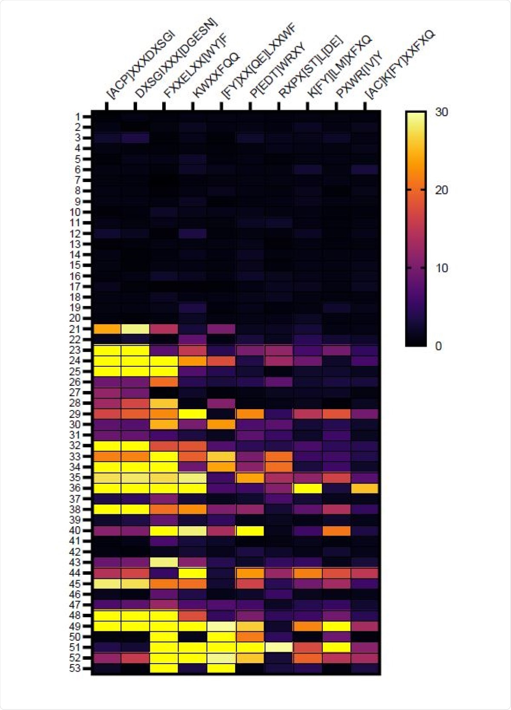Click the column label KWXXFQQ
coord(215,76)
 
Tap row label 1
coord(78,117)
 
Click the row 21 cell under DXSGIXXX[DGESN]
coord(135,329)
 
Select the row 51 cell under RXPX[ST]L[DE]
coord(279,647)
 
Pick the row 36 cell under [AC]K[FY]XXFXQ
coord(365,488)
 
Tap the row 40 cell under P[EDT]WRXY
coord(250,530)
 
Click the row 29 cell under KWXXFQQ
coord(192,413)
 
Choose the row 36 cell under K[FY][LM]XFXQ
coord(307,488)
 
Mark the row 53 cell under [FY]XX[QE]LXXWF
coord(221,668)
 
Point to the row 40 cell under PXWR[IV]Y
coord(336,530)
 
